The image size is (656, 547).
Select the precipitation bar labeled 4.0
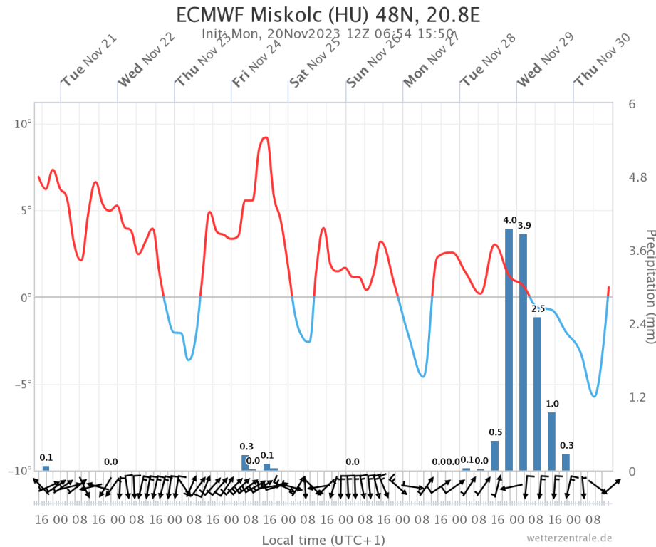pyautogui.click(x=509, y=349)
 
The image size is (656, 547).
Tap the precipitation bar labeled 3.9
pyautogui.click(x=524, y=352)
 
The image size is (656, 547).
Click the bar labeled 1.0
pyautogui.click(x=552, y=441)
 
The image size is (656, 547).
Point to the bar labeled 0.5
pyautogui.click(x=495, y=455)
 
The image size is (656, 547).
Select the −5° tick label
pyautogui.click(x=23, y=385)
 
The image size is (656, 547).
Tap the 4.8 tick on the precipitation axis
pyautogui.click(x=637, y=177)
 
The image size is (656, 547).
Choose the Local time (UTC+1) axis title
pyautogui.click(x=323, y=540)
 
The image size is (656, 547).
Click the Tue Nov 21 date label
pyautogui.click(x=88, y=62)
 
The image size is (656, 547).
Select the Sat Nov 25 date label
pyautogui.click(x=316, y=62)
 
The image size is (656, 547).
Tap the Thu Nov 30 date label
pyautogui.click(x=602, y=62)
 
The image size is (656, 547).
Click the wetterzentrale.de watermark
pyautogui.click(x=569, y=538)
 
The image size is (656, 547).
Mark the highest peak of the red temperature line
pyautogui.click(x=266, y=137)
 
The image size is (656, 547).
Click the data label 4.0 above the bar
pyautogui.click(x=510, y=220)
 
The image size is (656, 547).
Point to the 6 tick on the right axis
pyautogui.click(x=632, y=104)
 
